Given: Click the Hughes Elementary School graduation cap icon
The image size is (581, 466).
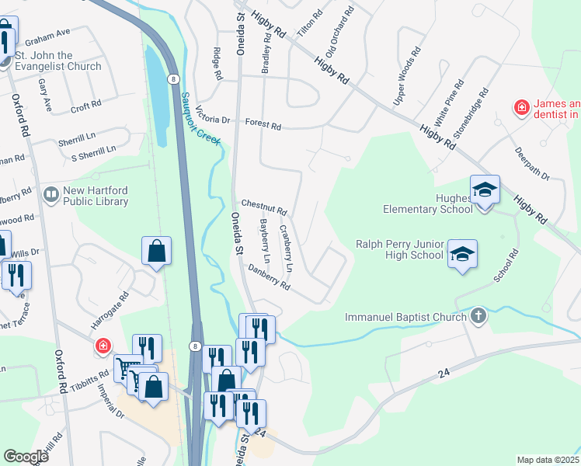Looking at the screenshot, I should pyautogui.click(x=485, y=189).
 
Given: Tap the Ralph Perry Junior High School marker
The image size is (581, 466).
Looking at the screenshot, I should pyautogui.click(x=461, y=253).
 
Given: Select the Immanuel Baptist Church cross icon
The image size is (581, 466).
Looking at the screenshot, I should pyautogui.click(x=478, y=316).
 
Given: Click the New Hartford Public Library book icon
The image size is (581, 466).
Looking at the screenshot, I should pyautogui.click(x=52, y=193).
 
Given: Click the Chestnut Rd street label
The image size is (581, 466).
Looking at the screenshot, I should pyautogui.click(x=264, y=206).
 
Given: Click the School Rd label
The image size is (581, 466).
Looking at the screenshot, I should pyautogui.click(x=507, y=266).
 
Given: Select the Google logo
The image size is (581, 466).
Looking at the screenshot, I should pyautogui.click(x=26, y=457).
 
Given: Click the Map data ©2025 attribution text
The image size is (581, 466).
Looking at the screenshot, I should pyautogui.click(x=548, y=460).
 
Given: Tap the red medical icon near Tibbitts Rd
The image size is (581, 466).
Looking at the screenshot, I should pyautogui.click(x=102, y=346).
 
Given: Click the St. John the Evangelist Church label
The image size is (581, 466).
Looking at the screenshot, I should pyautogui.click(x=58, y=61).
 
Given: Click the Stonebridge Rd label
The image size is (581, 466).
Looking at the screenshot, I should pyautogui.click(x=473, y=114).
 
